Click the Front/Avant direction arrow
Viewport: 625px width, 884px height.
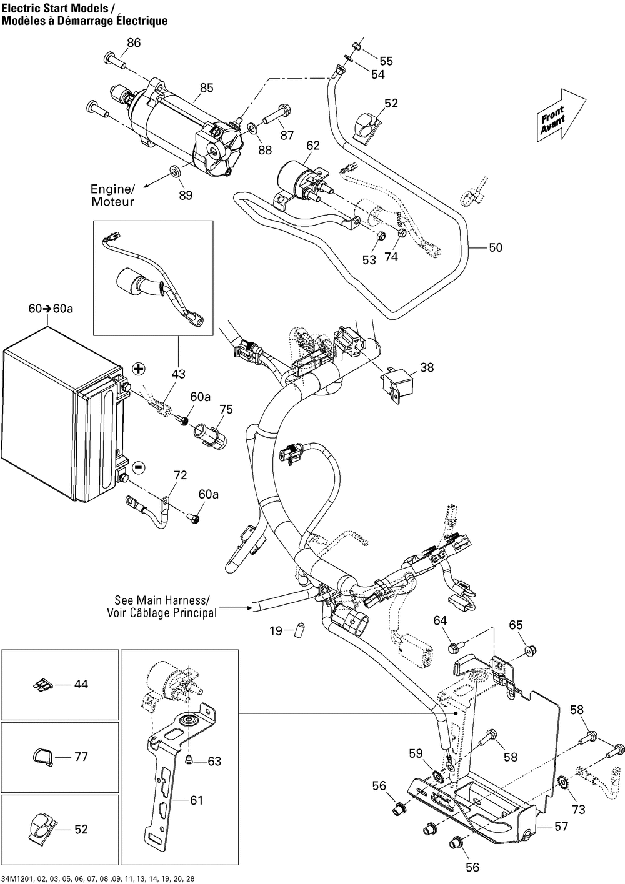click(x=561, y=116)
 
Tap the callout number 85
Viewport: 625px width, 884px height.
click(x=206, y=88)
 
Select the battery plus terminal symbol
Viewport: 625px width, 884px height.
click(x=138, y=369)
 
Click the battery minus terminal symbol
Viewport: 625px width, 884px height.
click(x=139, y=467)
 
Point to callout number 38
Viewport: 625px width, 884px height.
click(x=426, y=368)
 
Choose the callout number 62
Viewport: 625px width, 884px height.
click(x=312, y=146)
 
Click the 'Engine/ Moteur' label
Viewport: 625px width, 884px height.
click(x=112, y=195)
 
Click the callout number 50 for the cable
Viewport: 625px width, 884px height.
click(x=495, y=247)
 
